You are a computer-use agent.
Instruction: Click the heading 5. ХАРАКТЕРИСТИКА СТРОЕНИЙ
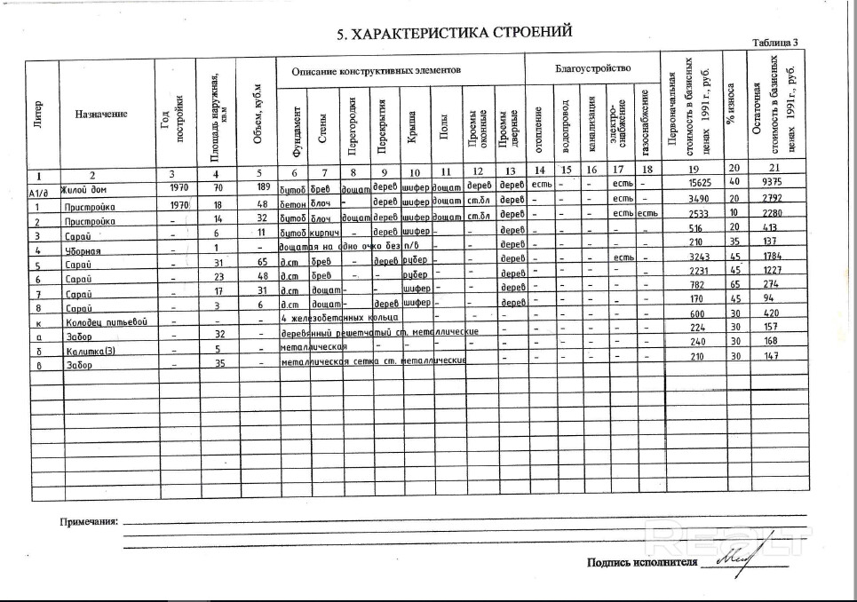454,34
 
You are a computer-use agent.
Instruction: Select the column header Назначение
101,114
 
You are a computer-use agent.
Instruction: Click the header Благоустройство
592,68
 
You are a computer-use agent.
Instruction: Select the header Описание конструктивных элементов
376,70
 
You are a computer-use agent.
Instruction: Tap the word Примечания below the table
89,521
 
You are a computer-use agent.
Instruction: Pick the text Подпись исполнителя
641,562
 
